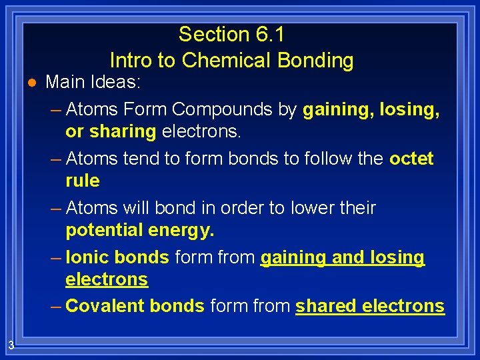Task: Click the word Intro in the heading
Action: coord(131,61)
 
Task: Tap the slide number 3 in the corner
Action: coord(11,345)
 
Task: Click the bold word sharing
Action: coord(123,131)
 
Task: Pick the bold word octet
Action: coord(411,159)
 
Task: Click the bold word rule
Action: coord(83,181)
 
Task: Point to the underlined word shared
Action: coord(326,306)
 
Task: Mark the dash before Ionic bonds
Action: coord(56,257)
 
